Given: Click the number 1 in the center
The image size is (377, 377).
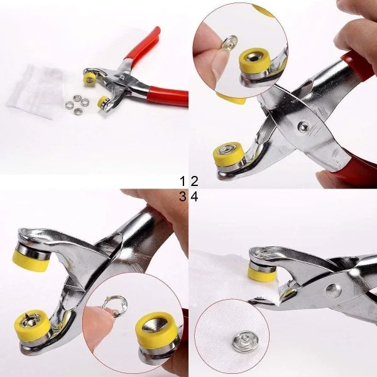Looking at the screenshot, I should pos(183,182).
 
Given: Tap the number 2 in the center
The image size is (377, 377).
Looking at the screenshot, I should pos(194,182).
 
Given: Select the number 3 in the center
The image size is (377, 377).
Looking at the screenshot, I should pos(183,197).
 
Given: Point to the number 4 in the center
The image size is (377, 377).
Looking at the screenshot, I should pos(194,197).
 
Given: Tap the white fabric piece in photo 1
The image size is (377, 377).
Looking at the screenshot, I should pos(38,88).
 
